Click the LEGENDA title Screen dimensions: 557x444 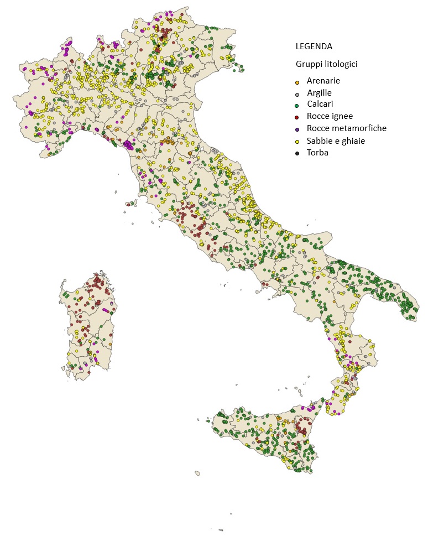(x=314, y=46)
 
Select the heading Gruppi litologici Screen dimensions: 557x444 (x=327, y=64)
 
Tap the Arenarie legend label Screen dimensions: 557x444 (x=323, y=81)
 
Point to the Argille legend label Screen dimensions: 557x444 (x=320, y=93)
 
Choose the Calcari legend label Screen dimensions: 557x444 (x=320, y=104)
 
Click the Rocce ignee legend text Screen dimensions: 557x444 (x=330, y=116)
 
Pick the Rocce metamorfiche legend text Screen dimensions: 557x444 (x=347, y=128)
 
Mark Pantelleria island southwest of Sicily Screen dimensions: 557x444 (x=197, y=473)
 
